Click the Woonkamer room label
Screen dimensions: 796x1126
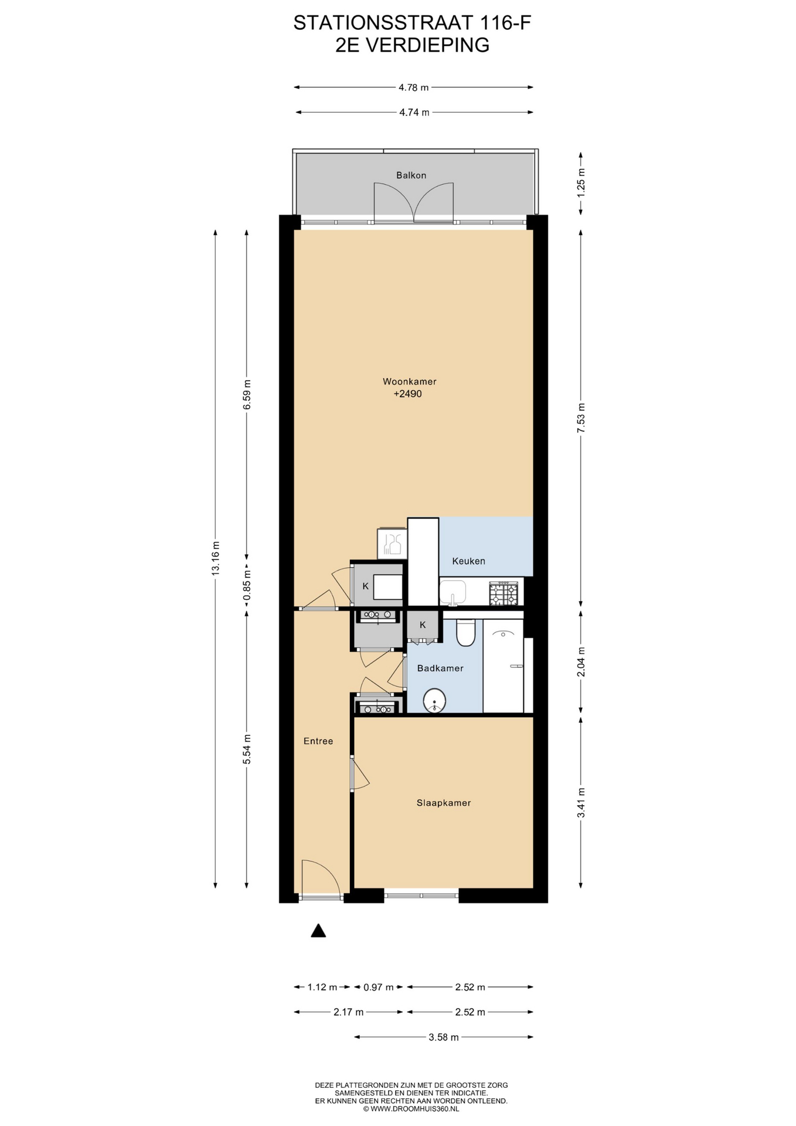(x=409, y=381)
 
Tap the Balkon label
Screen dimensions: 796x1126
(x=411, y=175)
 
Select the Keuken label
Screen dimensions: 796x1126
(x=468, y=561)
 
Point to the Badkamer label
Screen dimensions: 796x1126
(x=440, y=669)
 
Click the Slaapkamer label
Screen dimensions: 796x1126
(x=444, y=803)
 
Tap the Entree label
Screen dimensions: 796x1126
(x=318, y=741)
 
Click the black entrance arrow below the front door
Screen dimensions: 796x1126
(x=318, y=930)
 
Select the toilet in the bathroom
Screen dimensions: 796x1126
(x=465, y=632)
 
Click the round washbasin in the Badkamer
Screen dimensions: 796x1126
(x=435, y=700)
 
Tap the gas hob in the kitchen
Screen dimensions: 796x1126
(x=504, y=593)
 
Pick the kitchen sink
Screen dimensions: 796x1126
(x=453, y=592)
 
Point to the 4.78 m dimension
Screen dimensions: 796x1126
(x=414, y=87)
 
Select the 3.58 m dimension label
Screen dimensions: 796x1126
(x=444, y=1037)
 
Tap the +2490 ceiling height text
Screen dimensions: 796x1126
(x=407, y=394)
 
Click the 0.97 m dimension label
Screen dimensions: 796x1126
(x=379, y=987)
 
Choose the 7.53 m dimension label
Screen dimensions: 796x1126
(x=581, y=418)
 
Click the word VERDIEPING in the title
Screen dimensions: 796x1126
(x=427, y=45)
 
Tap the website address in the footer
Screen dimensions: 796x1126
(x=411, y=1109)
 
